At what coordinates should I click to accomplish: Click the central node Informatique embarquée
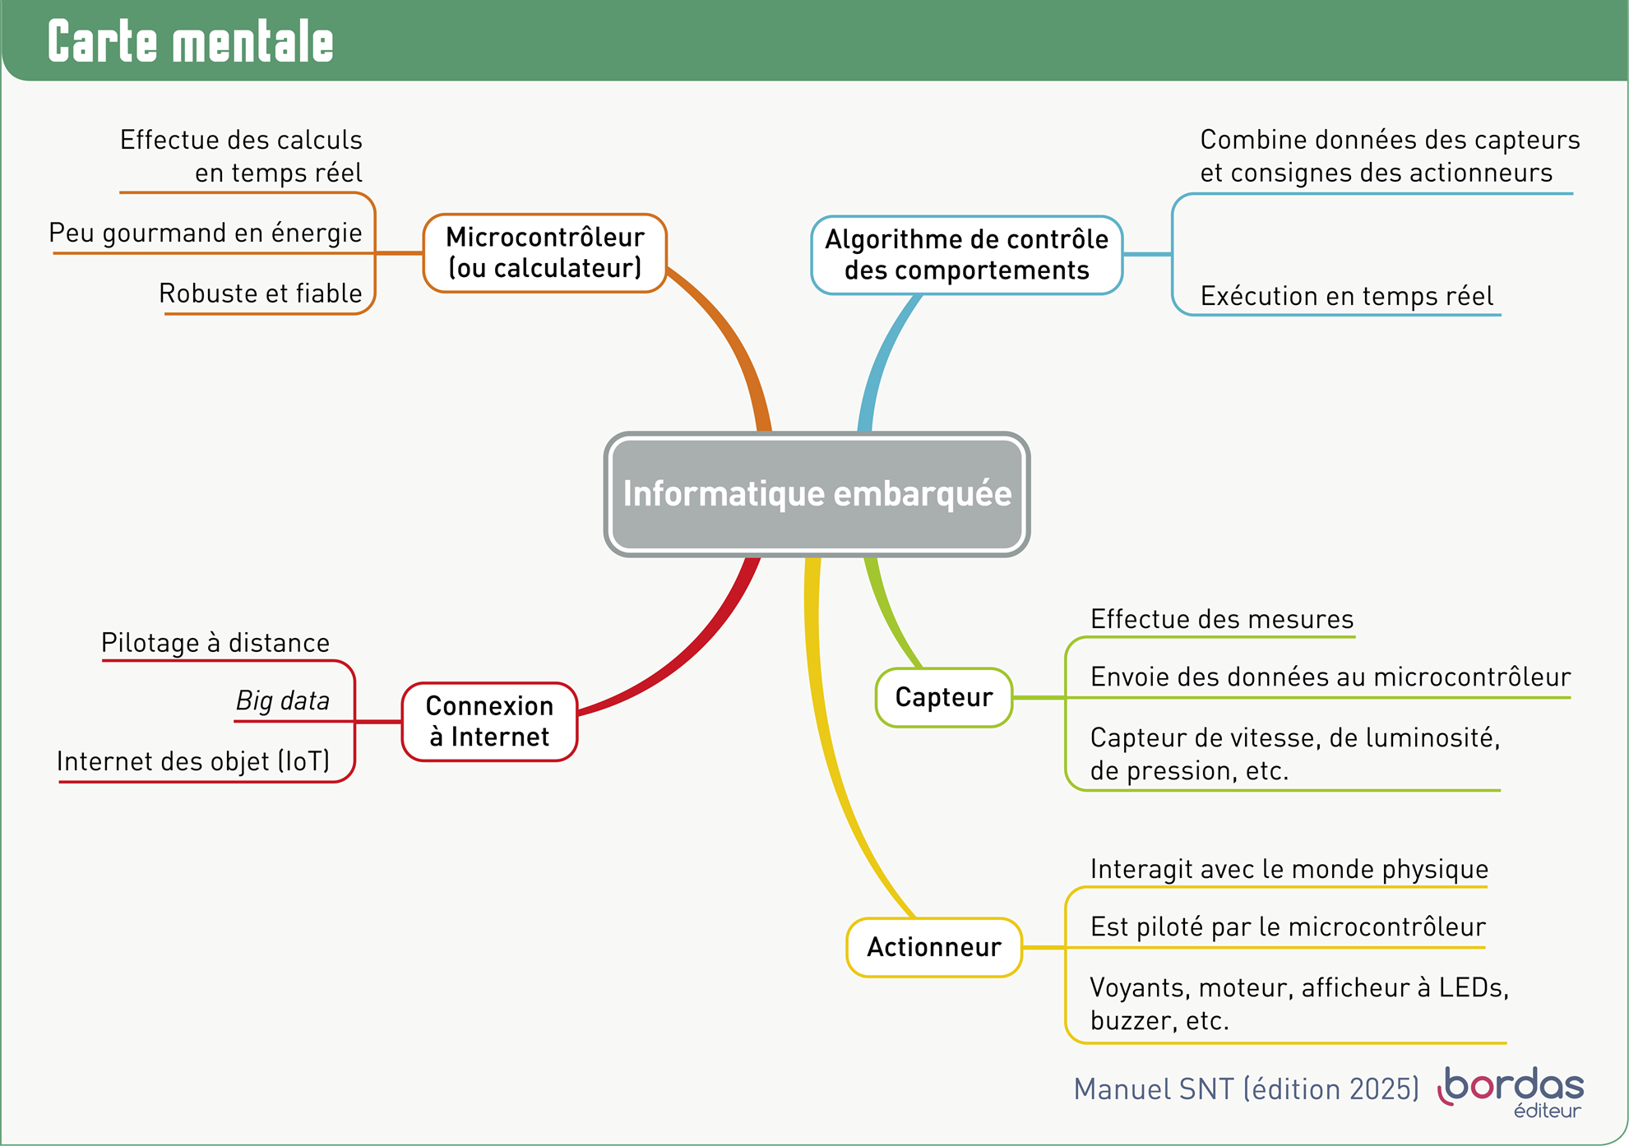pos(817,494)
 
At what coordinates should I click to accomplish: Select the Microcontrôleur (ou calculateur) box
pos(544,253)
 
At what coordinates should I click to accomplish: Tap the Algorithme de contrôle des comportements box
pos(966,255)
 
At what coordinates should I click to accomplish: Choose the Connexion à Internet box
pos(489,722)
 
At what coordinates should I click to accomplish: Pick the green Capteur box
pos(943,697)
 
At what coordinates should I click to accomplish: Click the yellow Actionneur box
pos(934,947)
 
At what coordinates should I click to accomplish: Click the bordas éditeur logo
pos(1513,1092)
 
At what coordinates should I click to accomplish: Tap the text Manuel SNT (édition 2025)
pos(1246,1089)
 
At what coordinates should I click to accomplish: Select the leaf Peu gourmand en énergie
pos(206,233)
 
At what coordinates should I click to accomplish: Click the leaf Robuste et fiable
pos(261,293)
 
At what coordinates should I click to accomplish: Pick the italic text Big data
pos(283,700)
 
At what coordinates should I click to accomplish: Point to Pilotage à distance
pos(215,643)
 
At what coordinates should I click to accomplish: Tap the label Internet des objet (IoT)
pos(193,761)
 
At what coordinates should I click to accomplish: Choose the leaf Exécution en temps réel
pos(1346,296)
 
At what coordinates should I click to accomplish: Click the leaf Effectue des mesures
pos(1222,619)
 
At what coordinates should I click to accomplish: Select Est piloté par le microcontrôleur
pos(1288,927)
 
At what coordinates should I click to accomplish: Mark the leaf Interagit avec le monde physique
pos(1289,869)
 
